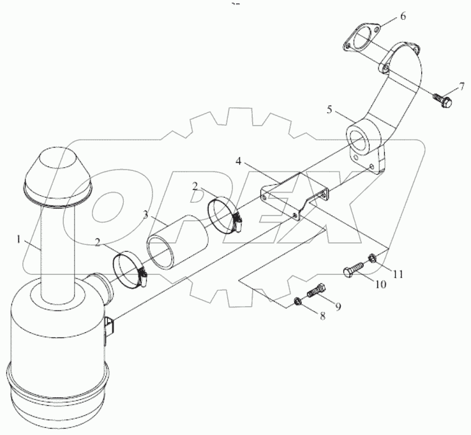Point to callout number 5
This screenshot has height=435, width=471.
click(x=329, y=110)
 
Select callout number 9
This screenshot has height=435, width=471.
click(x=338, y=306)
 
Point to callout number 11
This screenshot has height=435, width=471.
click(x=398, y=274)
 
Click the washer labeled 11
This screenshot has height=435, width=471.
click(x=371, y=259)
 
